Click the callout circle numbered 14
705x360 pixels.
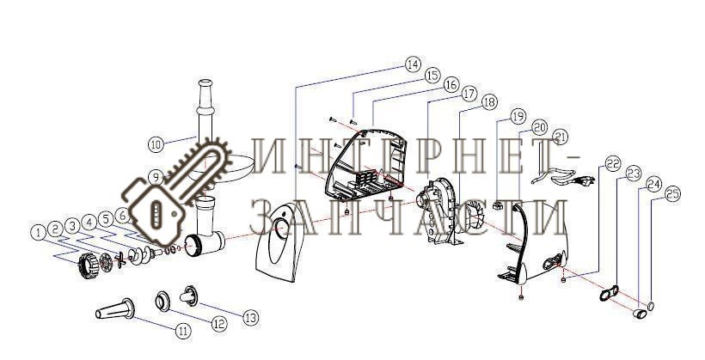pos(413,64)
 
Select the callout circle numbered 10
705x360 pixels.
pos(156,144)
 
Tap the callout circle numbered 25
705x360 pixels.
pos(672,194)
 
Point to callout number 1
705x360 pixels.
pos(39,232)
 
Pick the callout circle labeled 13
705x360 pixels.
pos(251,318)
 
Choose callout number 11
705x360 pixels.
pos(182,332)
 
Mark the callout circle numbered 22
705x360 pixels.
pos(613,164)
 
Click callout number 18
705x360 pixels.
pos(490,102)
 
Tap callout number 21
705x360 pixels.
pos(561,136)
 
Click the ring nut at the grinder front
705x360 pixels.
pos(88,265)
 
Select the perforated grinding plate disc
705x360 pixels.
pos(106,262)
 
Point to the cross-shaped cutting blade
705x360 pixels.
pos(120,260)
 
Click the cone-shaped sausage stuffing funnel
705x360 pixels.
pos(115,309)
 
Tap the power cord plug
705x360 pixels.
pos(585,181)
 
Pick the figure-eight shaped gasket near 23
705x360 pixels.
pos(609,293)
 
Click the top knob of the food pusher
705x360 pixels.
pos(205,83)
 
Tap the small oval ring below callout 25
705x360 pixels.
pos(651,306)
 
